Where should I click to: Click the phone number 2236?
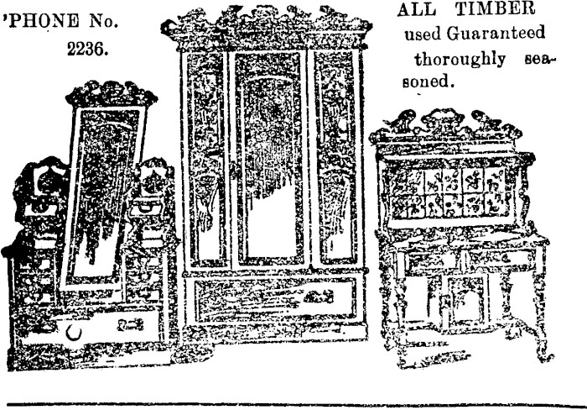point(88,49)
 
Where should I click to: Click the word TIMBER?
point(495,8)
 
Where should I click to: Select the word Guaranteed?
point(496,33)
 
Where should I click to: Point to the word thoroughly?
point(460,60)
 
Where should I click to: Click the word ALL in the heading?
point(416,9)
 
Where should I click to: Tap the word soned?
point(428,81)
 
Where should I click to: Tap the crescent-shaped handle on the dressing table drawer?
point(74,333)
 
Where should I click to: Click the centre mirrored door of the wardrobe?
point(269,158)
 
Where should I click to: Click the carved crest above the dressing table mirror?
point(112,94)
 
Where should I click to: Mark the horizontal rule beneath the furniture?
point(297,406)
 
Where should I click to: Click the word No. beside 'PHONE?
point(104,21)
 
